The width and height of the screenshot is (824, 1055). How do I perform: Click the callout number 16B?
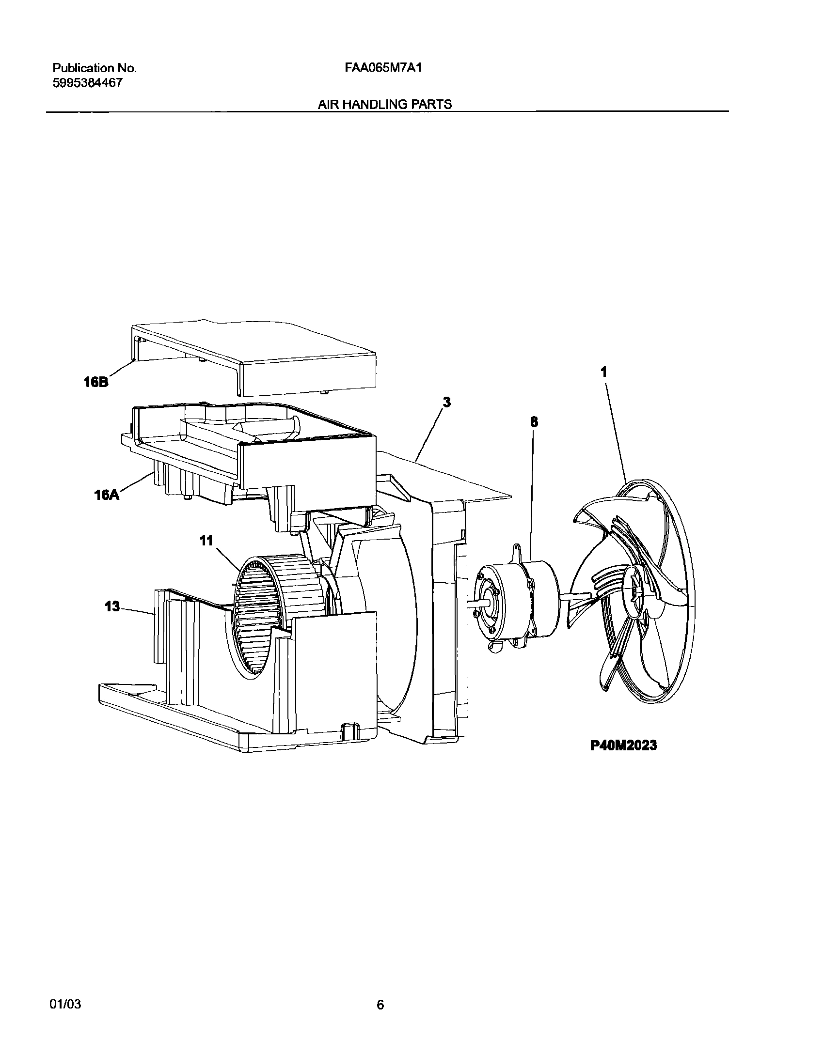click(95, 382)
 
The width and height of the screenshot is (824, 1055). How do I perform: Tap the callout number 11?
click(207, 541)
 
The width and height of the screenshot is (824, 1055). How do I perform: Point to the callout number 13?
click(112, 606)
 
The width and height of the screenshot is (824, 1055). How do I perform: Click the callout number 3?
click(447, 402)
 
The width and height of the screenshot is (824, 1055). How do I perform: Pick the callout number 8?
click(534, 422)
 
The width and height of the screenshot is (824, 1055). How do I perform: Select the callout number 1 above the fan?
click(603, 372)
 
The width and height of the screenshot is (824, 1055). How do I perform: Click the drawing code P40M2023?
click(623, 745)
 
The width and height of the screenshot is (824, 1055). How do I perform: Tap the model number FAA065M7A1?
click(383, 68)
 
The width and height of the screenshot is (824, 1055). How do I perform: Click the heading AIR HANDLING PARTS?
click(385, 104)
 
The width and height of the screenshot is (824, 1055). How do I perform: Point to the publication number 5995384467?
click(87, 83)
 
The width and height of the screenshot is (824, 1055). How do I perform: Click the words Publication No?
click(95, 68)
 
